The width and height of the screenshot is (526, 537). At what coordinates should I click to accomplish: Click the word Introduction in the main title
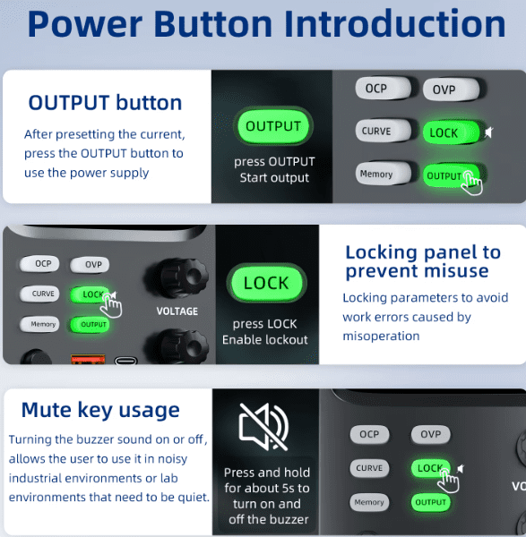(x=395, y=24)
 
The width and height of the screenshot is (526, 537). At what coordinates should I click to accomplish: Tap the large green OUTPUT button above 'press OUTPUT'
(x=273, y=126)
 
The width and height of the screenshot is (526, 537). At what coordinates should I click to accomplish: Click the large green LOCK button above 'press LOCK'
(x=266, y=283)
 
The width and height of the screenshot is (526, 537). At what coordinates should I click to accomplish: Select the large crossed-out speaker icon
(x=263, y=427)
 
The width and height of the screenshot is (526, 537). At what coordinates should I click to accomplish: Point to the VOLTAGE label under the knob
(x=177, y=311)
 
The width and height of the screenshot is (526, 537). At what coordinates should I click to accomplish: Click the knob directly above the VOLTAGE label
(x=177, y=277)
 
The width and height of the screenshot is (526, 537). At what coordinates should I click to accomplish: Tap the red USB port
(x=88, y=359)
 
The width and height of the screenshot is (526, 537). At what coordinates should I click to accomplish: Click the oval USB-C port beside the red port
(x=125, y=361)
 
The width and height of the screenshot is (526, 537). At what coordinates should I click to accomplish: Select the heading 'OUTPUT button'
(x=105, y=103)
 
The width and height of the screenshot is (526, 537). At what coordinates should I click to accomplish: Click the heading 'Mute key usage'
(x=100, y=410)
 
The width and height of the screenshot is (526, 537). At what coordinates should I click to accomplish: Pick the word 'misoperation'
(x=381, y=337)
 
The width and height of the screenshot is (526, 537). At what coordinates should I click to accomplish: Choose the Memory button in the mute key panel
(x=369, y=502)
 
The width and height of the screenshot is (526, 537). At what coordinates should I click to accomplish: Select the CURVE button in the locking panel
(x=39, y=294)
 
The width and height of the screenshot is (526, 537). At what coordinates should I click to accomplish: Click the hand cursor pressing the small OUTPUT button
(x=472, y=183)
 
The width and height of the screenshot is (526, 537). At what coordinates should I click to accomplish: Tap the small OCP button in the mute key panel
(x=369, y=434)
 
